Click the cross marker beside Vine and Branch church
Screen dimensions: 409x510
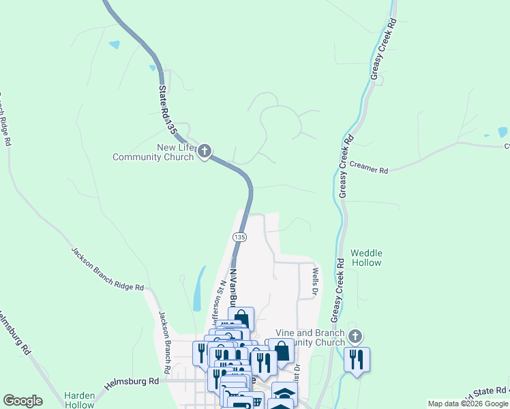355,336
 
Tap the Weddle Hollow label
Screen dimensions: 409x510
366,258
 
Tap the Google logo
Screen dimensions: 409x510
22,401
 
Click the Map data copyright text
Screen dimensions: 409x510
468,404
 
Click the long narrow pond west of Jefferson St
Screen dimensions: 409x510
198,288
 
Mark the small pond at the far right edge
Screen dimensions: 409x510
503,132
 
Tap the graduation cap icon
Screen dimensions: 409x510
284,393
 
